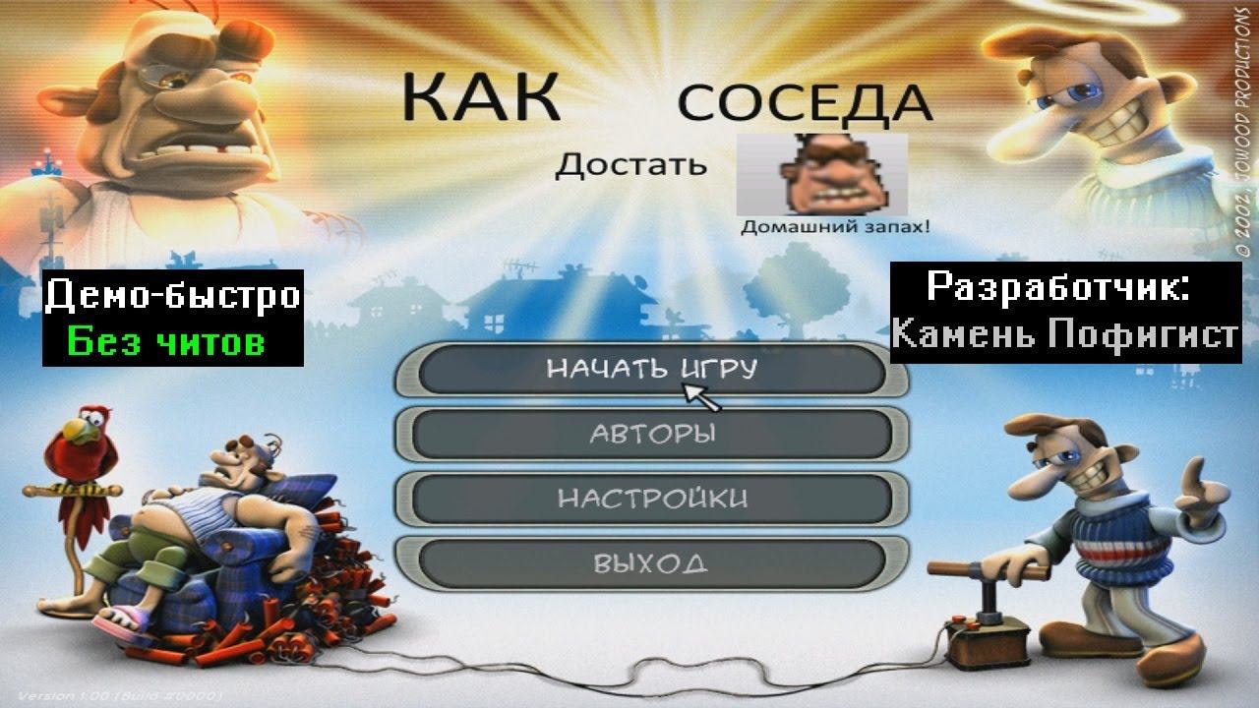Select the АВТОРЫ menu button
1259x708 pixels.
pos(652,434)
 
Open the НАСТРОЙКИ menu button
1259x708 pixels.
pos(652,499)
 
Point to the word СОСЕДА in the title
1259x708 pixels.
pos(804,102)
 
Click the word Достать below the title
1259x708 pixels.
pos(630,163)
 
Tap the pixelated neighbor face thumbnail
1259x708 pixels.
pos(821,174)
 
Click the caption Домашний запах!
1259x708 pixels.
pos(835,226)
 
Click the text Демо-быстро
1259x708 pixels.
pos(172,295)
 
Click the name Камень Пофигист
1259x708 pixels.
pos(1064,335)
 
